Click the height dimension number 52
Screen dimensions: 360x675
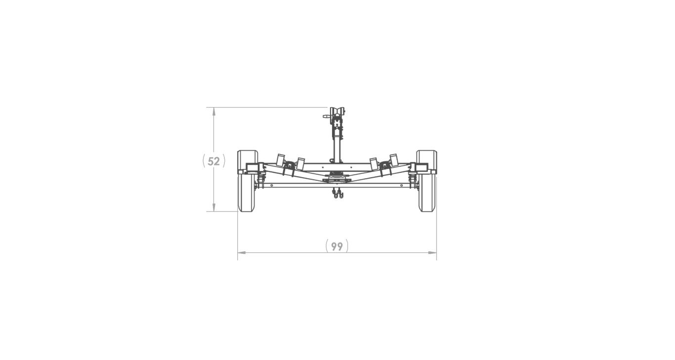tap(213, 161)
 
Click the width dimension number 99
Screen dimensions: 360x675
tap(337, 246)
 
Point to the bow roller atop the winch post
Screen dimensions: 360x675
tap(337, 111)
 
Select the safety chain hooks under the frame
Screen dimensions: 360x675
tap(337, 194)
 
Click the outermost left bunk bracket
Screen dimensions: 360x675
tap(281, 160)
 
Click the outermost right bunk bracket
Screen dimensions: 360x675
tap(394, 160)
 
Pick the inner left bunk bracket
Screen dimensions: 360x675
tap(300, 163)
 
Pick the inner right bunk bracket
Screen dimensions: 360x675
tap(374, 163)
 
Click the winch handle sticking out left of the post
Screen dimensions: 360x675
tap(327, 117)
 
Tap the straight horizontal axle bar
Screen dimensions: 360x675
tap(337, 185)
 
